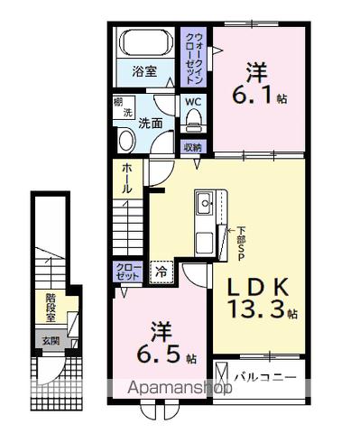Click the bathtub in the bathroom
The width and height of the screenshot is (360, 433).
click(x=144, y=44)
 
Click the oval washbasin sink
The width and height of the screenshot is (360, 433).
click(x=125, y=141)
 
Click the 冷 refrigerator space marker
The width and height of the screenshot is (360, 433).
click(x=162, y=270)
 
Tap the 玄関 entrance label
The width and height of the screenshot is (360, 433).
click(x=49, y=341)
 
